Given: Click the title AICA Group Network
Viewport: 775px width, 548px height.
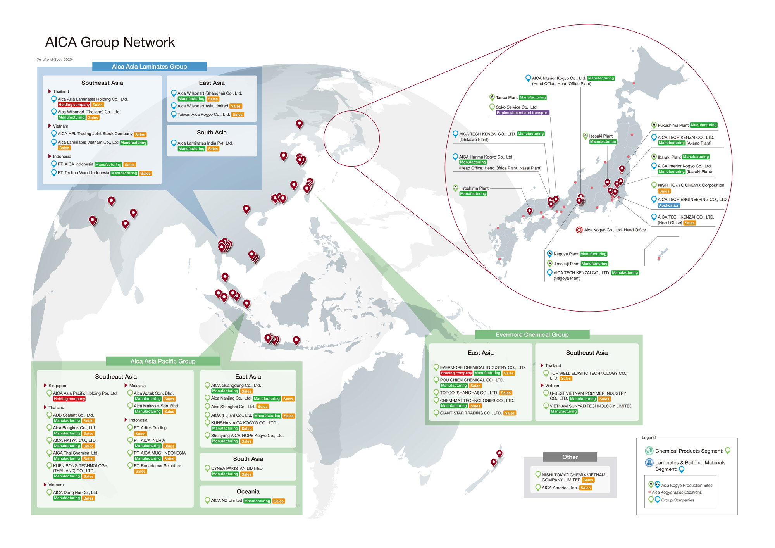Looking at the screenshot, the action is pos(110,42).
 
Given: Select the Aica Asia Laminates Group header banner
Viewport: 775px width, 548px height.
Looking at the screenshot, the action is pos(149,66).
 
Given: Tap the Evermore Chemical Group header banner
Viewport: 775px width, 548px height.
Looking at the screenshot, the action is pos(532,334).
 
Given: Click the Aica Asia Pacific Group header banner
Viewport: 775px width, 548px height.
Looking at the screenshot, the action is pos(163,361).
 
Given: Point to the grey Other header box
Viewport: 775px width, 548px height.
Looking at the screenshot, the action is pos(570,457).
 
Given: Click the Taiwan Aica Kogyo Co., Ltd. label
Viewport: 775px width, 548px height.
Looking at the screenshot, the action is pos(203,114).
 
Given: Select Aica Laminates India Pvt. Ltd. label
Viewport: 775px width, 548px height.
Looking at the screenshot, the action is pos(205,143).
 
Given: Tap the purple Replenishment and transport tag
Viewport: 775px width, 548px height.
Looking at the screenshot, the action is pos(522,113).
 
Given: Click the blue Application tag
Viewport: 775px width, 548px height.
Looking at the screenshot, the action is pos(669,205).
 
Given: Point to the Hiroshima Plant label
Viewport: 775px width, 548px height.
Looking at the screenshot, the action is pos(474,188).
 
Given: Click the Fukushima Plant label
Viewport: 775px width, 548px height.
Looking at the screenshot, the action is pos(673,125).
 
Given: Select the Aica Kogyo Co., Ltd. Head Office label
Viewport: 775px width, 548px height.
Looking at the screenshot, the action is pos(615,230).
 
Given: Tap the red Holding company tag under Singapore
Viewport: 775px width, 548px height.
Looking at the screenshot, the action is pos(69,399).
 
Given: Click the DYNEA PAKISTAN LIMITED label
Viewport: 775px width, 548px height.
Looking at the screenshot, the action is pos(237,468).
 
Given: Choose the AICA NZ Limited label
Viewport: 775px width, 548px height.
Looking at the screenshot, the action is pos(226,500).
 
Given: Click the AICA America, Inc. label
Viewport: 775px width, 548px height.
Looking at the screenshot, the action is pos(560,488).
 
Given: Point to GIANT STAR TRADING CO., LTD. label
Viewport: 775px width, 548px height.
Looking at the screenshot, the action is pos(471,413).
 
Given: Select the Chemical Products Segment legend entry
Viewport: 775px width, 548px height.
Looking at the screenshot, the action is pos(689,451).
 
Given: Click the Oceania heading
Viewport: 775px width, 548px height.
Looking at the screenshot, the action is pos(248,491).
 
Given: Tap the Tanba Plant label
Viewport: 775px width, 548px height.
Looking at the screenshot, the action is pos(506,97).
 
